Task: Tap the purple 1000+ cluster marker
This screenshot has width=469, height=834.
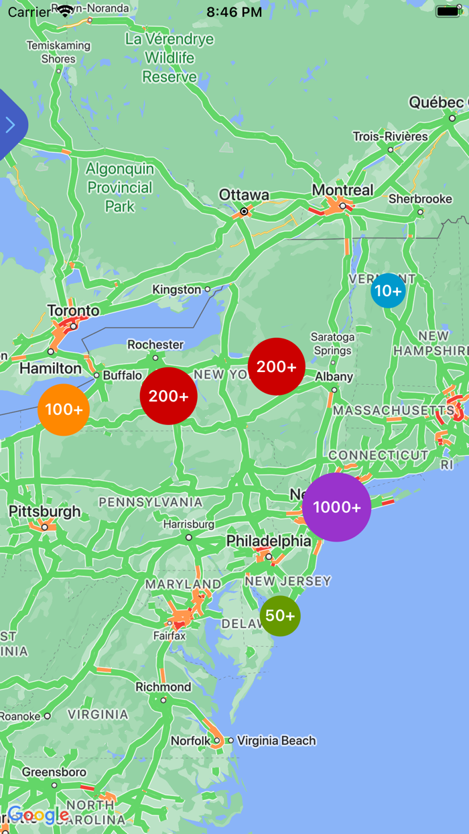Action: (x=336, y=507)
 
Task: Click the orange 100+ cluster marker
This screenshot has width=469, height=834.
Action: (x=64, y=410)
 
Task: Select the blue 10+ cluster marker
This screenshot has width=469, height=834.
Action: (x=388, y=291)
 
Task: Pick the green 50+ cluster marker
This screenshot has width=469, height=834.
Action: (x=280, y=615)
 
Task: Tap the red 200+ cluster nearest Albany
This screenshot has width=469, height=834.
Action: (x=277, y=367)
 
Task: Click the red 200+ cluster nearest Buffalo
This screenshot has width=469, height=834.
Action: (x=168, y=396)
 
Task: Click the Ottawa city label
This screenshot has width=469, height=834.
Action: (x=244, y=195)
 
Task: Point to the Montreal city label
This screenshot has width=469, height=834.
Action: (x=342, y=190)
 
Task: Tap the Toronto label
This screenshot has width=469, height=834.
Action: (x=73, y=311)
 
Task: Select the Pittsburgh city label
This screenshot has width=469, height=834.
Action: (x=44, y=512)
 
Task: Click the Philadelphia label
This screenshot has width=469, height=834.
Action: (x=269, y=541)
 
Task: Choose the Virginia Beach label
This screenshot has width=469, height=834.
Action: (x=276, y=741)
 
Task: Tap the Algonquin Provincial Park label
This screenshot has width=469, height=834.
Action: (x=120, y=188)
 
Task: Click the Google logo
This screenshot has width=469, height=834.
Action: (x=38, y=816)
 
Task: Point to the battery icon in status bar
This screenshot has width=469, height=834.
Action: (x=448, y=11)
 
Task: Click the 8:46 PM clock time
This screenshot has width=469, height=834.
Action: (x=234, y=12)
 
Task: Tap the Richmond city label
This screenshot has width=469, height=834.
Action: (x=163, y=687)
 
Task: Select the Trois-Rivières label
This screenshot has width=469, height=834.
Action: (x=390, y=137)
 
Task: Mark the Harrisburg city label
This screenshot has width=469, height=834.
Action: (x=188, y=524)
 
